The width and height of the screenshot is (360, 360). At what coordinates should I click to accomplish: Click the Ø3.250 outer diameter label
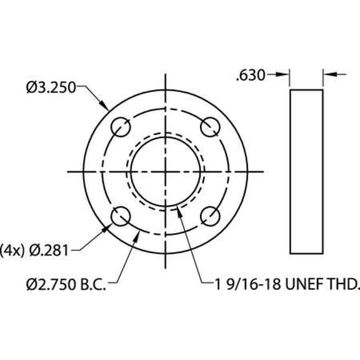click(51, 88)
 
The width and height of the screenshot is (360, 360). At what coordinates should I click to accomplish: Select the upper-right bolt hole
click(211, 127)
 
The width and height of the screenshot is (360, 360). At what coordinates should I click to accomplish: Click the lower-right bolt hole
click(211, 217)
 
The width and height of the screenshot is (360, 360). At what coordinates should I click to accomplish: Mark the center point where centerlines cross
click(166, 172)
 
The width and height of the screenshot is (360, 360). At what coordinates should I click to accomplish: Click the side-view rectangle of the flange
click(306, 172)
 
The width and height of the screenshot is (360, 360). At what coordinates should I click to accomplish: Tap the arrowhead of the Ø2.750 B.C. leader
click(139, 231)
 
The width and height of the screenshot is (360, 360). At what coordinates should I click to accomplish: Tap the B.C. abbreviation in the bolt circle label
click(92, 286)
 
